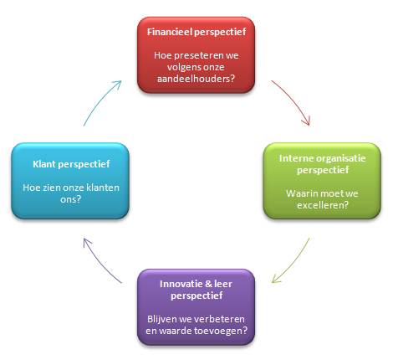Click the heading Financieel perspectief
click(x=196, y=32)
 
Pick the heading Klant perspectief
click(x=71, y=164)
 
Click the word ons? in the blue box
click(x=70, y=199)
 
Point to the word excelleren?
click(x=323, y=205)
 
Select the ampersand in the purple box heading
click(x=208, y=284)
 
